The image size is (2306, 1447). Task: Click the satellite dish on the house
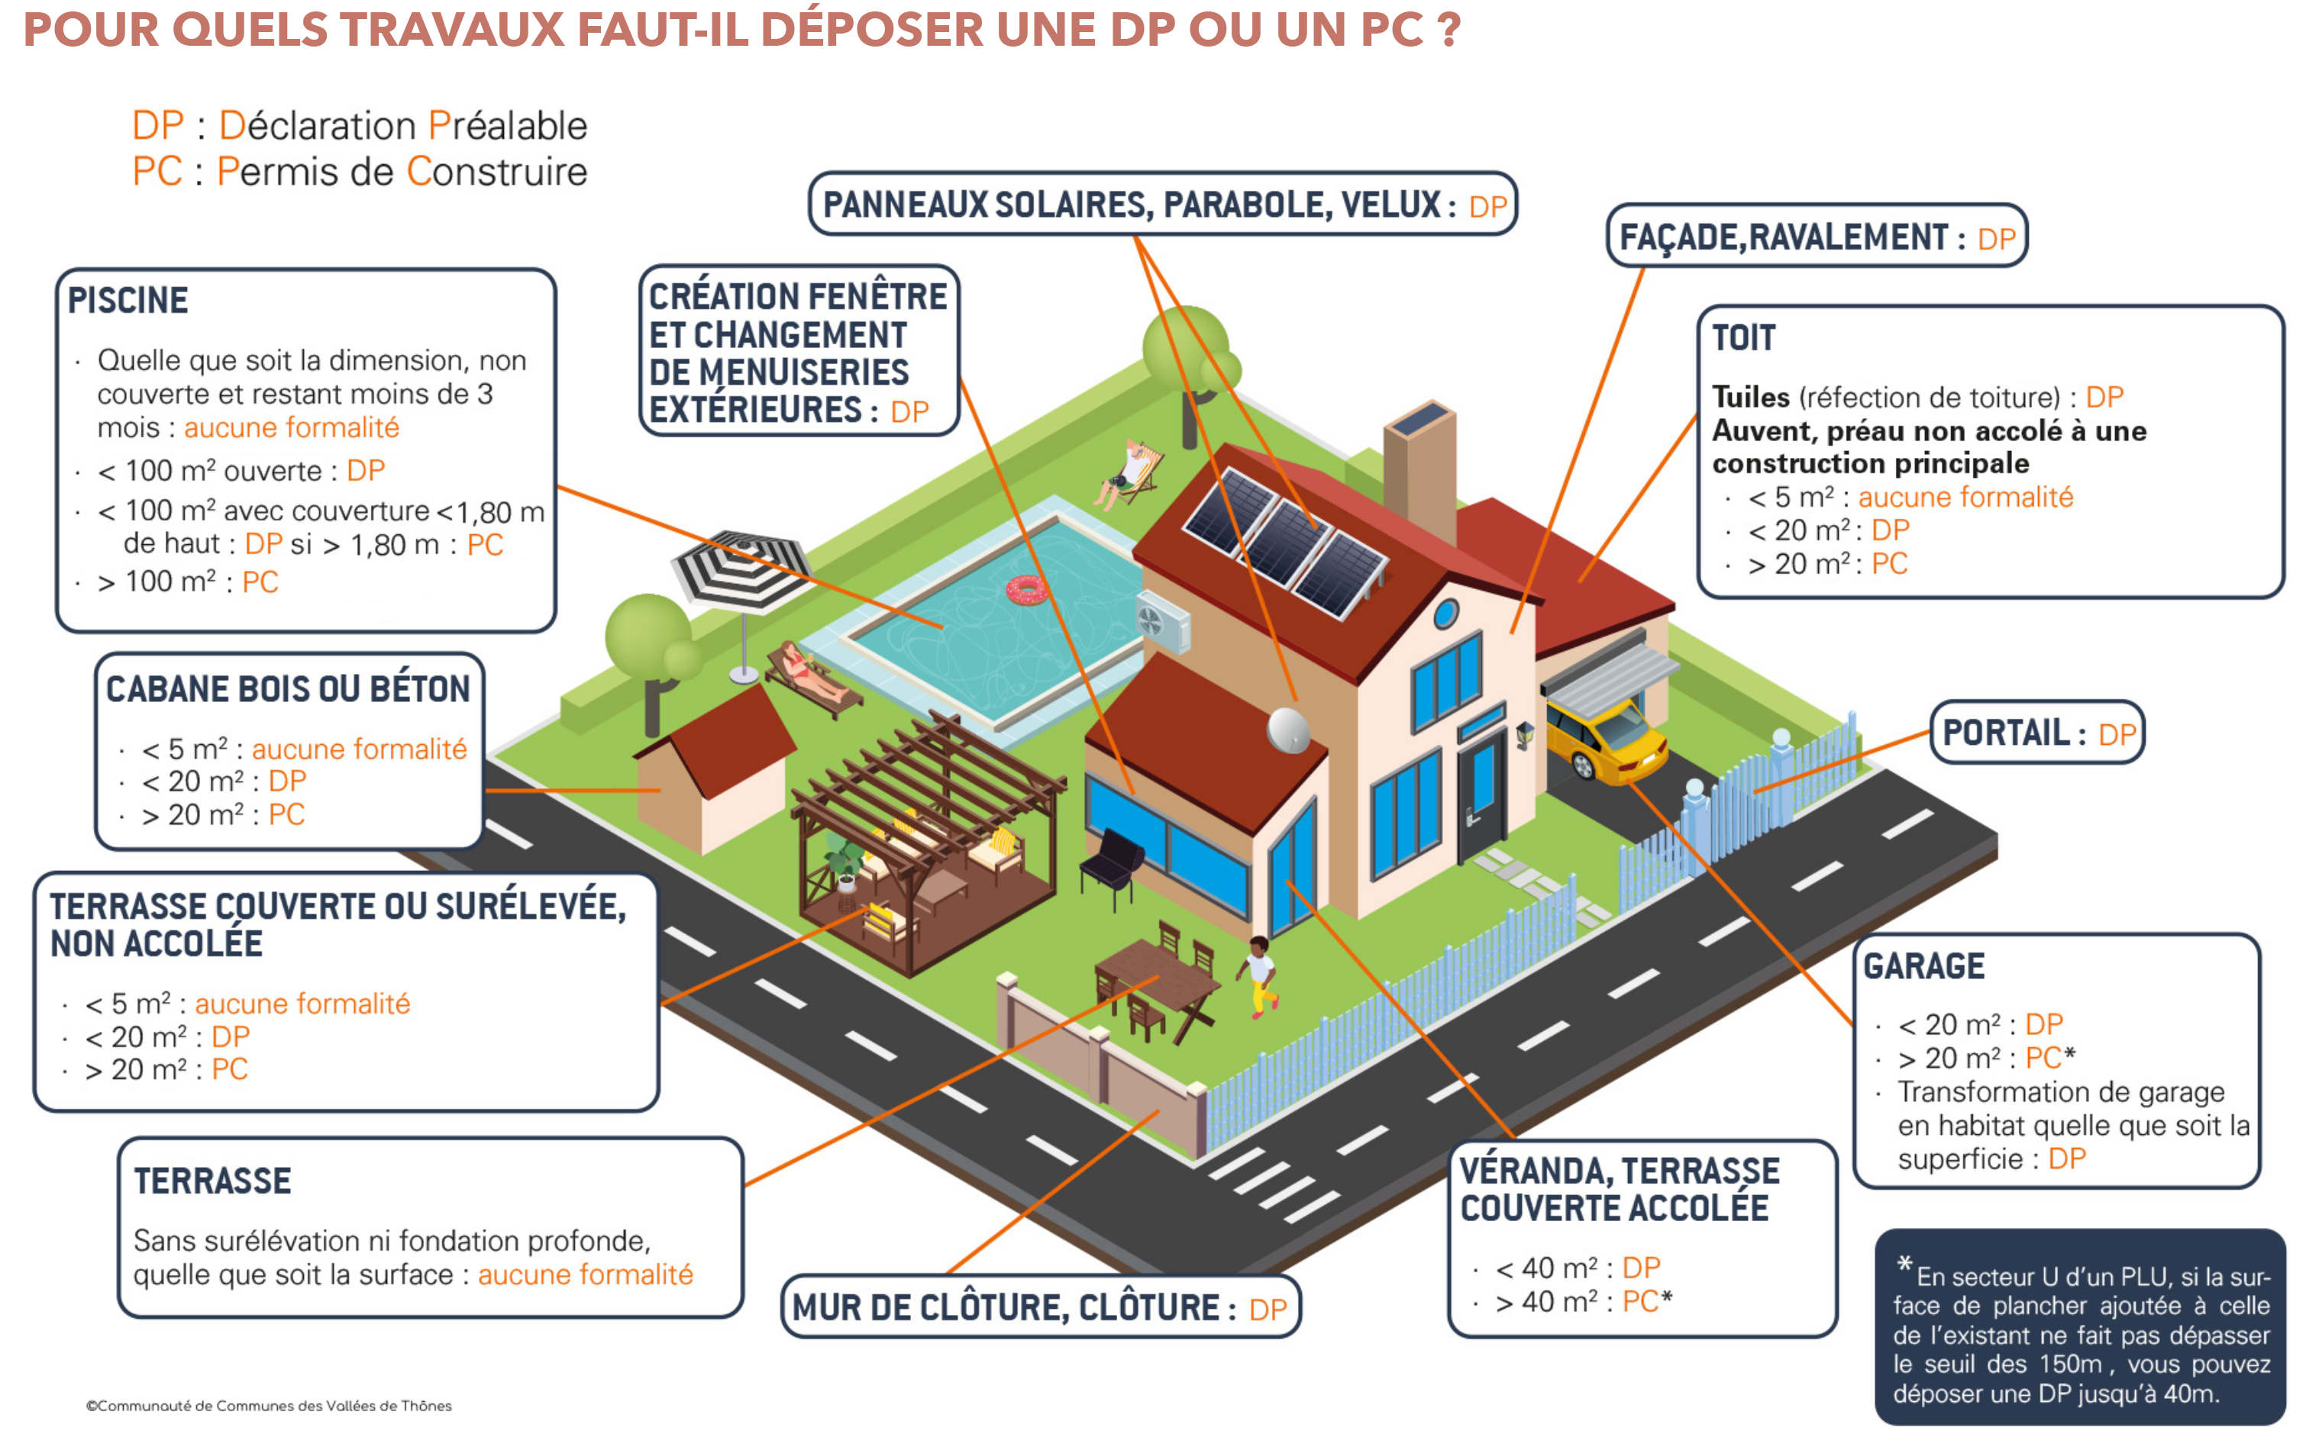[1288, 730]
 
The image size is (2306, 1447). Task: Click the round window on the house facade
[1445, 613]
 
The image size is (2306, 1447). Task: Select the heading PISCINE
[128, 301]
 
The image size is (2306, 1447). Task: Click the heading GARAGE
[1923, 967]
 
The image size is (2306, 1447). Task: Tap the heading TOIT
[1743, 338]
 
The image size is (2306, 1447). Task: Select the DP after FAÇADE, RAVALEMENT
[1996, 238]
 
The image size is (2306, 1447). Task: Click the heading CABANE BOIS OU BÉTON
[288, 689]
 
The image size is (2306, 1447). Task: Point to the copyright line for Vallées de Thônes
[269, 1406]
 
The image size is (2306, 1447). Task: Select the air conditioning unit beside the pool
[1162, 622]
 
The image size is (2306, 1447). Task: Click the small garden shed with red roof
[714, 765]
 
